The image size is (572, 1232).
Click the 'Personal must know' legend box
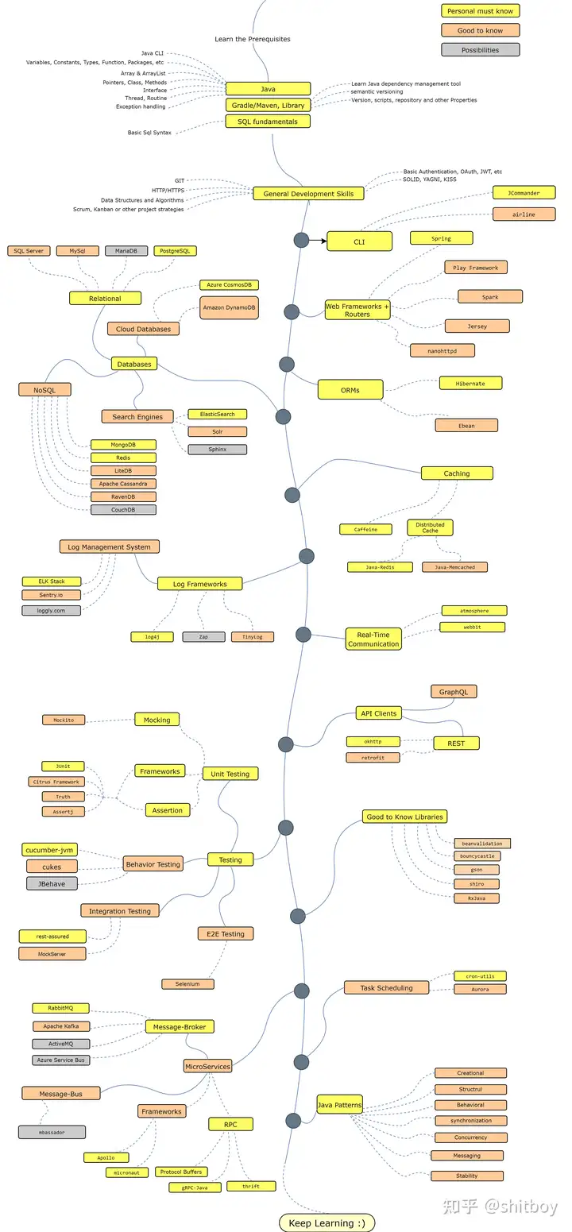[480, 11]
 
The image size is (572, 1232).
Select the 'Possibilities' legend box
[480, 50]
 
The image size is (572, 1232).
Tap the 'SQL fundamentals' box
[268, 122]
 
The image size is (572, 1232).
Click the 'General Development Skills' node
[308, 194]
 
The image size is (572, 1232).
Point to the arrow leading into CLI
[318, 241]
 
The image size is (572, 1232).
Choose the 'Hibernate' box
[471, 384]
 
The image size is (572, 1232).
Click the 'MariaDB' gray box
[126, 251]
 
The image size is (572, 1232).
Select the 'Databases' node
[134, 364]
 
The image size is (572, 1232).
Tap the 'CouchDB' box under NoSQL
[123, 510]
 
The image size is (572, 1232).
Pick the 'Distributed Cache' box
[430, 528]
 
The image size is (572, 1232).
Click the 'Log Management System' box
[110, 546]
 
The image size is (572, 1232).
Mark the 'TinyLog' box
[253, 637]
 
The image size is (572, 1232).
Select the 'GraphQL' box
[454, 692]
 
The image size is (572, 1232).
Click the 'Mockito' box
[64, 720]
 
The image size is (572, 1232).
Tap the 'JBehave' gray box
[52, 884]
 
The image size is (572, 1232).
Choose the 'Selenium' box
[188, 984]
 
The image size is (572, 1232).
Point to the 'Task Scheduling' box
[387, 988]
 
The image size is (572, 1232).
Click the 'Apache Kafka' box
[61, 1026]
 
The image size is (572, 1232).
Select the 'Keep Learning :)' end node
[327, 1222]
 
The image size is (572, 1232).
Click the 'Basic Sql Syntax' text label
[149, 133]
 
